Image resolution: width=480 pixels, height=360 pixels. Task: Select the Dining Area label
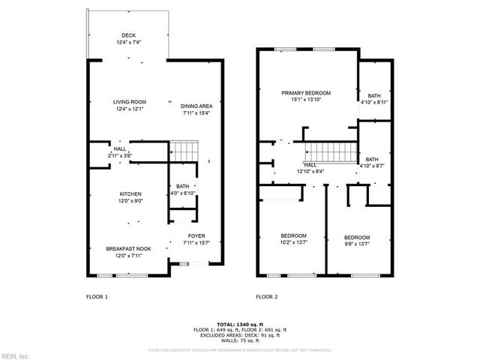[x=195, y=109]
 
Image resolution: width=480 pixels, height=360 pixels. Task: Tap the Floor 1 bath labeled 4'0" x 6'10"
[x=182, y=190]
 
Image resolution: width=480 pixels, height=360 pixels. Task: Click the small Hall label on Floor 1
[x=120, y=153]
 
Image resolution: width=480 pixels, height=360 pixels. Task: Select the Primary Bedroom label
[x=306, y=97]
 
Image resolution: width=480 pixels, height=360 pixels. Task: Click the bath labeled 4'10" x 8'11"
[x=373, y=97]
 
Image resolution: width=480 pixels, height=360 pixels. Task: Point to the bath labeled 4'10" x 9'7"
[x=373, y=162]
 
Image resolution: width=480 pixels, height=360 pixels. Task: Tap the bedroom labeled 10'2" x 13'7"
[x=293, y=238]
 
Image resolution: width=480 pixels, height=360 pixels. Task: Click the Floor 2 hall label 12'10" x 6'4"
[x=310, y=168]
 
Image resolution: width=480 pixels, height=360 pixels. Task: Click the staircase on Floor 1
[x=183, y=151]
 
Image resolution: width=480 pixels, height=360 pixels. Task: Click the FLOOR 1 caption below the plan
[x=97, y=297]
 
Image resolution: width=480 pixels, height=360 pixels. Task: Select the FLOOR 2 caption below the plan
[x=267, y=297]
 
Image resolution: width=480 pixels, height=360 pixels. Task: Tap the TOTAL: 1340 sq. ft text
[x=239, y=322]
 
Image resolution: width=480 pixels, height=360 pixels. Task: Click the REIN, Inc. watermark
[x=15, y=355]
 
